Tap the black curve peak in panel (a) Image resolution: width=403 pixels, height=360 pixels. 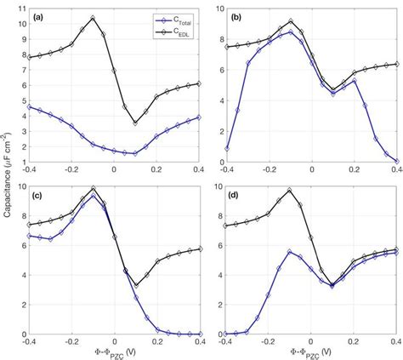[x=94, y=17]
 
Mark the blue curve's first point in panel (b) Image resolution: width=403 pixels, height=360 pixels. [x=226, y=148]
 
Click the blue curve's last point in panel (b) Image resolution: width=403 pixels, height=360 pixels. [x=395, y=160]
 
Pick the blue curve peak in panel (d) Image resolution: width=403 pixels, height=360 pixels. [x=290, y=252]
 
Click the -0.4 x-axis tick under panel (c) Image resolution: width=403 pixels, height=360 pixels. [x=31, y=340]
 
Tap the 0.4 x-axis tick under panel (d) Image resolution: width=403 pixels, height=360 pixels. [x=395, y=340]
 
